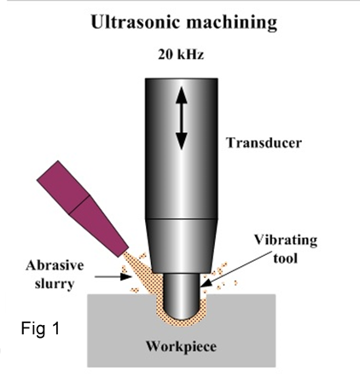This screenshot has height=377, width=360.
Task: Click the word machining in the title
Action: pos(232,23)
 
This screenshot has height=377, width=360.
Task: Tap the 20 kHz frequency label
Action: pos(181,54)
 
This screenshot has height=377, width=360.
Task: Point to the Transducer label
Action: pos(264,142)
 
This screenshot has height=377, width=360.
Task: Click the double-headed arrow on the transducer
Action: pos(181,119)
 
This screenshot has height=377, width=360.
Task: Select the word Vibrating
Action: pos(286,241)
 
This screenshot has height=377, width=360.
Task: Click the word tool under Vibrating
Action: pos(285,258)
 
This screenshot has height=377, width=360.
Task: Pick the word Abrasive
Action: pos(55,265)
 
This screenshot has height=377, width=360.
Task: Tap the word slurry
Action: pos(55,284)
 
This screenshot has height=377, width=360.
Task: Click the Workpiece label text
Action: pos(181,347)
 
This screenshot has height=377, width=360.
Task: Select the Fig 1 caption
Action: pos(41,328)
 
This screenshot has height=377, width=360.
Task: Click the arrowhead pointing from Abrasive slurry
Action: pos(125,276)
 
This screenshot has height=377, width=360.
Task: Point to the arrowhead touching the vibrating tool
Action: pos(206,283)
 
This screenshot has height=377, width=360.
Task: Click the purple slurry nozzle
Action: pos(83,209)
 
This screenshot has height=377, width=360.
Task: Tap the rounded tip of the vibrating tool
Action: pos(181,311)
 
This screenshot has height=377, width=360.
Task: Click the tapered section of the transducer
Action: pos(182,246)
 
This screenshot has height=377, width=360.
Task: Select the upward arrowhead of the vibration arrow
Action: pos(181,96)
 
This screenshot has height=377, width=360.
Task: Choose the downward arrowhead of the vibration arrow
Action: pos(181,142)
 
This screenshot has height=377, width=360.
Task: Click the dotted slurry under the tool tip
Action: pos(181,323)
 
